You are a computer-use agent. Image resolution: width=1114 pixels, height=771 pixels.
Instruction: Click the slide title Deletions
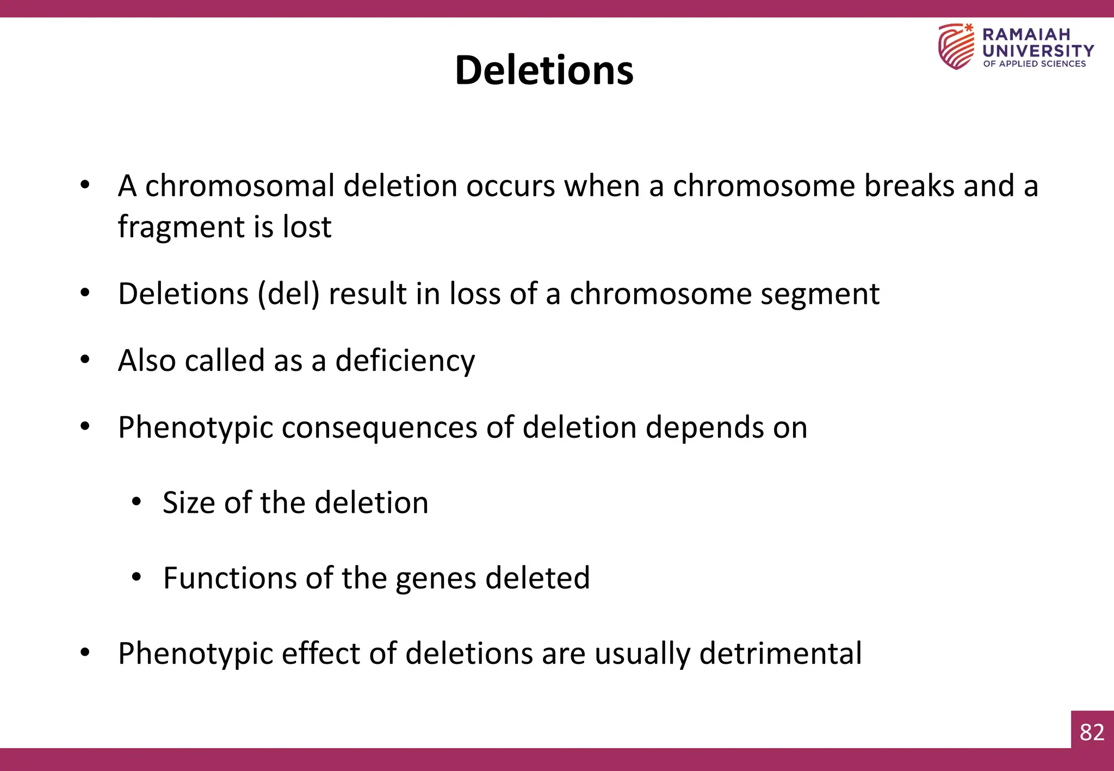click(544, 71)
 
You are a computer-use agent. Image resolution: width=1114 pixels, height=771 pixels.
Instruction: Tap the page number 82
click(1092, 732)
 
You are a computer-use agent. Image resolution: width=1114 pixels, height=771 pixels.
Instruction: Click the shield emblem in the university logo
click(956, 47)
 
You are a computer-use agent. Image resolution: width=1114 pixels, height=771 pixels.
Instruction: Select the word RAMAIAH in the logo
click(1026, 35)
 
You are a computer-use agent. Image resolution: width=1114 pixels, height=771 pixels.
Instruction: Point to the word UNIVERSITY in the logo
click(1038, 51)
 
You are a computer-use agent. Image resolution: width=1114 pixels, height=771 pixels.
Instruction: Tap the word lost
click(307, 227)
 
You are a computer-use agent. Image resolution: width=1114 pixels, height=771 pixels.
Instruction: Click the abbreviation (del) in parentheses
click(288, 295)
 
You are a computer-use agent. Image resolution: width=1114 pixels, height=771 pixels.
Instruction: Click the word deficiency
click(405, 362)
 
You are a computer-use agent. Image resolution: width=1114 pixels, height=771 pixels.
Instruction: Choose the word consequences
click(379, 428)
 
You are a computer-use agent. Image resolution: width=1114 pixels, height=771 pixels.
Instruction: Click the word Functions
click(230, 578)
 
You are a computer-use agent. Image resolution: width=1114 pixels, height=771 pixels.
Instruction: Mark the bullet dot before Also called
click(84, 359)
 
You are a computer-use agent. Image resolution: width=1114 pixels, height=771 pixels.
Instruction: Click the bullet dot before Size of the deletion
click(136, 501)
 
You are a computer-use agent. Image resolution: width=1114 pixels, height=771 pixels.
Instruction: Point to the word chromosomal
click(239, 186)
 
